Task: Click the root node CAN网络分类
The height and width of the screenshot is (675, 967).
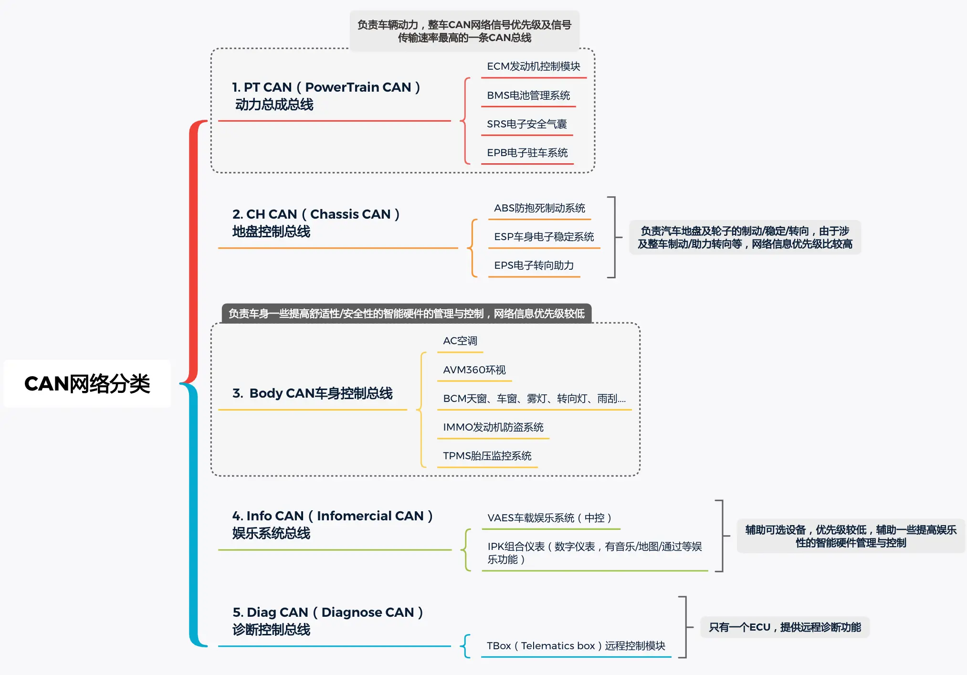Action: point(87,383)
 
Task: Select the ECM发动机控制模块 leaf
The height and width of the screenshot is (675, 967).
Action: point(534,66)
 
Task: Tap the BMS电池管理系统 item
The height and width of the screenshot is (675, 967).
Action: point(528,95)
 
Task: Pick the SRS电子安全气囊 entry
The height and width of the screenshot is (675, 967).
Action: point(527,124)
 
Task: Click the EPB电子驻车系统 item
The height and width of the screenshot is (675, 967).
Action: point(527,153)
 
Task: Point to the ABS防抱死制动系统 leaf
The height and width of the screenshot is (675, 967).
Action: point(539,208)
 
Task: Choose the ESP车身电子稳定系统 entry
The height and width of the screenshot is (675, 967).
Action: point(544,237)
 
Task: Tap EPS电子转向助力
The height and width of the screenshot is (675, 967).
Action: point(534,265)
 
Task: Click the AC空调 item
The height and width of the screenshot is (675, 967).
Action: point(460,341)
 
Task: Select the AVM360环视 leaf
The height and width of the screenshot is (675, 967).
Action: point(474,370)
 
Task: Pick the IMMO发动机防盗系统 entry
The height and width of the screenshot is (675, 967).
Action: point(493,427)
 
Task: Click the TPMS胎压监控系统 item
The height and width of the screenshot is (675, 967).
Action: point(487,456)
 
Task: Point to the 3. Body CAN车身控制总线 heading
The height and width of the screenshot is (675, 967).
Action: point(312,393)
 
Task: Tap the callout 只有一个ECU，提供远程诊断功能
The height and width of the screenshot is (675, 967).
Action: point(785,627)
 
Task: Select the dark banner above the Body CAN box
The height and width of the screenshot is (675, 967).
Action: point(407,314)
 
